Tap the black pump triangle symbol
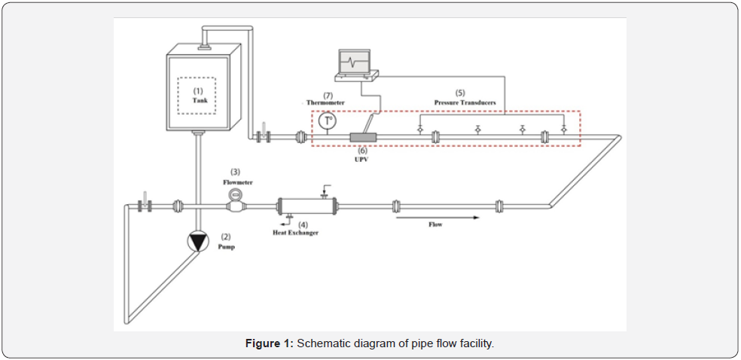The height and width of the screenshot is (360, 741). (x=197, y=241)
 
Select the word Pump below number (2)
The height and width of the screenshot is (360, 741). (x=227, y=246)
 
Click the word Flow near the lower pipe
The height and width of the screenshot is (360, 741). (x=435, y=224)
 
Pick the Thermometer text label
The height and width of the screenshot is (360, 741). (x=325, y=102)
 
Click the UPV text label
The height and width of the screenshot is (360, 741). (x=362, y=159)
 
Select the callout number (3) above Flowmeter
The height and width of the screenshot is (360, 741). (x=235, y=172)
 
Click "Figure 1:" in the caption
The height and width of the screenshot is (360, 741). (x=269, y=343)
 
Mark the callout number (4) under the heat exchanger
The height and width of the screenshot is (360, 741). (x=303, y=224)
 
